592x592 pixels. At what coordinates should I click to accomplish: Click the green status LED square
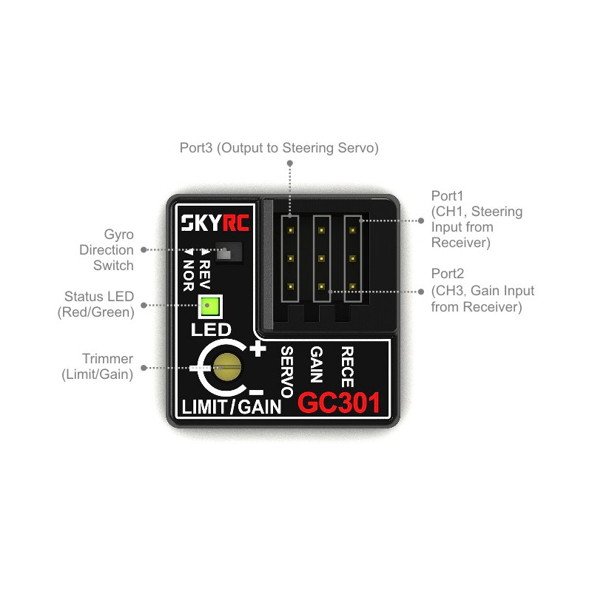pyautogui.click(x=210, y=306)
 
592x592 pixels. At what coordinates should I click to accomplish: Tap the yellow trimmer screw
pyautogui.click(x=227, y=367)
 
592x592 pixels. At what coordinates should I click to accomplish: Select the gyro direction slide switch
pyautogui.click(x=229, y=251)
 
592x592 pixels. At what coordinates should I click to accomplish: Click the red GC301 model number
pyautogui.click(x=339, y=403)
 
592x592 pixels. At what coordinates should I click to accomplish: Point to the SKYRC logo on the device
pyautogui.click(x=215, y=223)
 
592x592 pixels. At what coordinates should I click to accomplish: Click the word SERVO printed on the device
pyautogui.click(x=287, y=372)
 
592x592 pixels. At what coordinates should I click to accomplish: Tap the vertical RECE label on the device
pyautogui.click(x=347, y=367)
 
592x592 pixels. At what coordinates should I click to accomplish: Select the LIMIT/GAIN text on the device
pyautogui.click(x=232, y=407)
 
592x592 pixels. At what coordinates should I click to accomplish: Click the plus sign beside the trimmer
pyautogui.click(x=258, y=349)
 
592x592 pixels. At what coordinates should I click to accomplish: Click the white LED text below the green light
pyautogui.click(x=211, y=329)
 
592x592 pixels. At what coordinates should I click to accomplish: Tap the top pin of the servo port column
pyautogui.click(x=291, y=230)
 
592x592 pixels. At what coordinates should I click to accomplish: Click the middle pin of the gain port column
pyautogui.click(x=322, y=258)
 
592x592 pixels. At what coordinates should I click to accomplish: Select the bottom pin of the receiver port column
pyautogui.click(x=353, y=287)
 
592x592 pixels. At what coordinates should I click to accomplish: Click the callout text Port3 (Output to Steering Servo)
pyautogui.click(x=279, y=147)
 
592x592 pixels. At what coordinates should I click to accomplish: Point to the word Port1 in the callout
pyautogui.click(x=447, y=195)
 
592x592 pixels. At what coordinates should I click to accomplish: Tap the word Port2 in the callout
pyautogui.click(x=448, y=273)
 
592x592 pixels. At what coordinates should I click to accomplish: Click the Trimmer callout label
pyautogui.click(x=98, y=366)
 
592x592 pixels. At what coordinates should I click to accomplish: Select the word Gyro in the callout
pyautogui.click(x=118, y=235)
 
